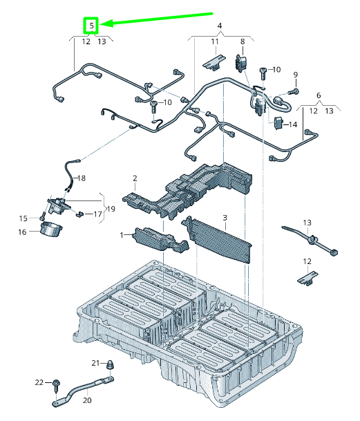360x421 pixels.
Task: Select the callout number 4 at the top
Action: coord(220,26)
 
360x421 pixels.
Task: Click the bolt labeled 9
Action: coord(293,91)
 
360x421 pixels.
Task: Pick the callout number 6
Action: coord(318,95)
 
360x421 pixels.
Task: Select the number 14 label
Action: coord(293,125)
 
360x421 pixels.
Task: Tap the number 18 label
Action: coord(82,178)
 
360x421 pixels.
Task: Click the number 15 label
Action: coord(22,218)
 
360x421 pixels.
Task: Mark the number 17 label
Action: coord(97,214)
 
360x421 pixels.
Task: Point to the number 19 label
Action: coord(110,209)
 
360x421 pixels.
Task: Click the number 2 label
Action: coord(135,178)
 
